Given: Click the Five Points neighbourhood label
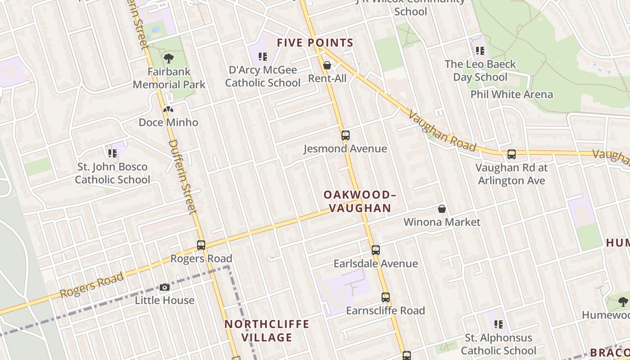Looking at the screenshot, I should coord(315,43).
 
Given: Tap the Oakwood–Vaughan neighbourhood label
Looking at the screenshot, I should coord(360,201).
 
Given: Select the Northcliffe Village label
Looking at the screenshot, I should coord(267,331).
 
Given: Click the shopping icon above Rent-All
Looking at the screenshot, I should coord(327,66).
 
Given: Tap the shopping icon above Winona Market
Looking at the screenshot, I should coord(442,209).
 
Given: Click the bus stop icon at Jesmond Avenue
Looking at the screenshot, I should coord(345,135).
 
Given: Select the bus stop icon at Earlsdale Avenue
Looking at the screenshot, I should coord(376,250).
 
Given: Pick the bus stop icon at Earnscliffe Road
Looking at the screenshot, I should coord(386,297).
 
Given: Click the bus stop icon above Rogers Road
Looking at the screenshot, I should coord(201,245).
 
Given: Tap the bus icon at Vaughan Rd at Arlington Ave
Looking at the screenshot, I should coord(512,154).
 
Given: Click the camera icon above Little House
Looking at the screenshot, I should coord(165,287).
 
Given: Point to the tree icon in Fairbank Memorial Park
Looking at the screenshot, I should coord(169,58).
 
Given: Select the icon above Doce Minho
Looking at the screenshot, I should coord(168,109).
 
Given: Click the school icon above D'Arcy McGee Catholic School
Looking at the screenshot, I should coord(263,57).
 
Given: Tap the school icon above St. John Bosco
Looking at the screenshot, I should coord(112,153).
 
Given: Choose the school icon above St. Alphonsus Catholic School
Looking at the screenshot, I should coord(498,324).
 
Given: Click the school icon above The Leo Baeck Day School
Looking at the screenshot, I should coord(480,51).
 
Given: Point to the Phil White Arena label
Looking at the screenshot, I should coord(512,94).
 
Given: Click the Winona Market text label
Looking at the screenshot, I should coord(442,222).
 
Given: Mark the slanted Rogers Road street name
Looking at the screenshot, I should coord(92,285).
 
